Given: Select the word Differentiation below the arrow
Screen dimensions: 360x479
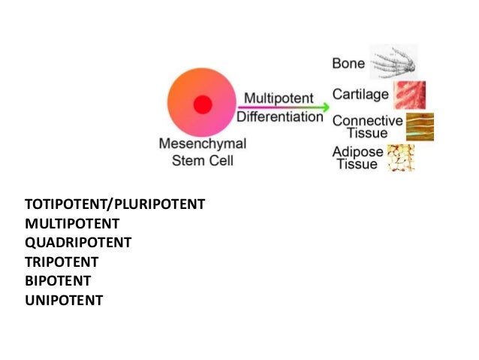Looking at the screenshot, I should (280, 117).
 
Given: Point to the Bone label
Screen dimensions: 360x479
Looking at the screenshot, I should (348, 64).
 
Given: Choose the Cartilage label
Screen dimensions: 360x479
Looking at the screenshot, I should (360, 95).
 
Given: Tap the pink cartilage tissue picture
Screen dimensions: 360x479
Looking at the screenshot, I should (410, 95).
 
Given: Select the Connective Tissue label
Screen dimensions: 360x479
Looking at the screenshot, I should (367, 126).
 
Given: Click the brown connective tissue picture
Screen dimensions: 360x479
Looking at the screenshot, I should (420, 126).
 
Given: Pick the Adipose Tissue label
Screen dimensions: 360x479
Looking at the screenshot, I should (358, 158).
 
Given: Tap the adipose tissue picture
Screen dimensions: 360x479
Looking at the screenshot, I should (400, 158).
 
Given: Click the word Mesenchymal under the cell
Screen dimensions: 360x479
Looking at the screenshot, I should (202, 143).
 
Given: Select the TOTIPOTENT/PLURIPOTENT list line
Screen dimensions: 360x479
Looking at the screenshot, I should (115, 204).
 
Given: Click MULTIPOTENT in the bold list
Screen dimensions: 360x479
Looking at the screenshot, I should (72, 223).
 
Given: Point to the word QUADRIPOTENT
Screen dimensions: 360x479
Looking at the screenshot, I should (78, 243).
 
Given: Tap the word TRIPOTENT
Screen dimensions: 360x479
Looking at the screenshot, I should (62, 262).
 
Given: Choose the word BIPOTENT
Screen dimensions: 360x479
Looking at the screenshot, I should (58, 281).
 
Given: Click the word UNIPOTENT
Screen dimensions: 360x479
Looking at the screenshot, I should (64, 301).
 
